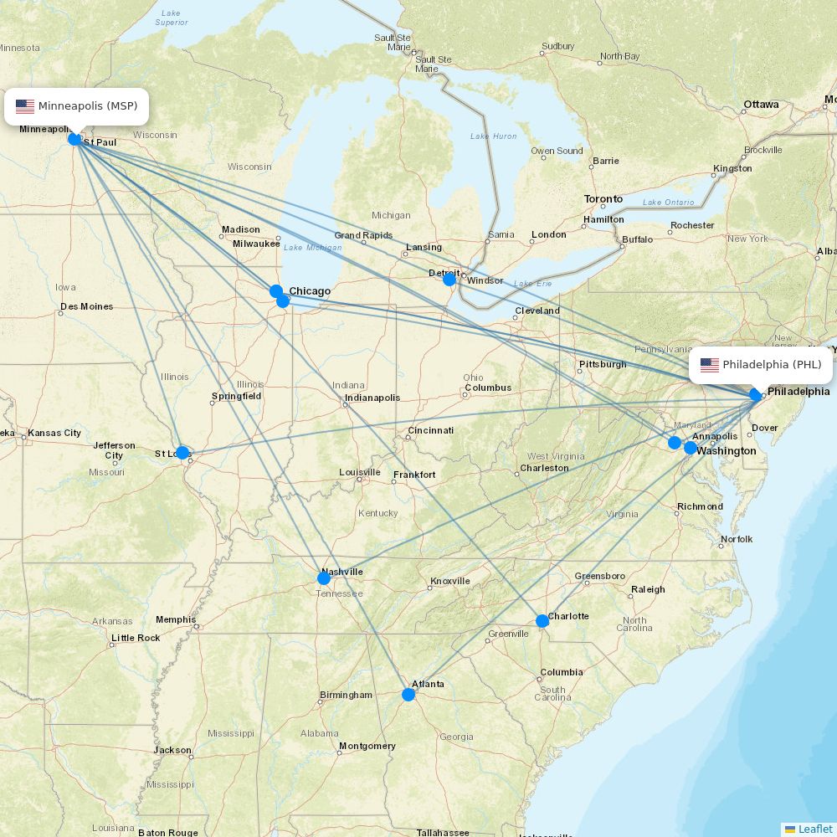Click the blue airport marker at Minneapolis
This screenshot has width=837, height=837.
74,139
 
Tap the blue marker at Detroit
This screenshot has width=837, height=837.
449,280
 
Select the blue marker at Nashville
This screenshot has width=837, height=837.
324,578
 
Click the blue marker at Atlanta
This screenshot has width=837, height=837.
408,695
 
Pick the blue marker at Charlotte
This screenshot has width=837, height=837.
542,621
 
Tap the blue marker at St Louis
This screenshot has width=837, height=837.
182,453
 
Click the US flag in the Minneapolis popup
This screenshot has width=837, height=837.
25,106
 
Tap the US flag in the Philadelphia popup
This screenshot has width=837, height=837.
710,365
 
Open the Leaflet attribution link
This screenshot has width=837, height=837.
814,829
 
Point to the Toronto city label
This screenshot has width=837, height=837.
603,199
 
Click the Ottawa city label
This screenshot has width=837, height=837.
761,105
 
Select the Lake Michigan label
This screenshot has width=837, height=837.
312,248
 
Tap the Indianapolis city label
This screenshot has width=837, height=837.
372,398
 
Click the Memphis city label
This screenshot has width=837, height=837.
175,620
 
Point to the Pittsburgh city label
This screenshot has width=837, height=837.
602,364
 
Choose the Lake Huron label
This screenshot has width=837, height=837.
493,136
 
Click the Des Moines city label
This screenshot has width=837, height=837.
86,306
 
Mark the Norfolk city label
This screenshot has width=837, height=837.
737,539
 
